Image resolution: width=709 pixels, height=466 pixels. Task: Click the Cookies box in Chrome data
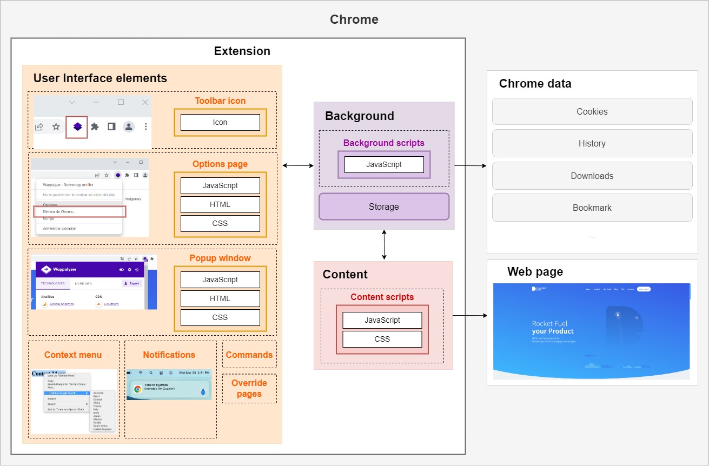(592, 111)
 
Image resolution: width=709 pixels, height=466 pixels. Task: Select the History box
(592, 143)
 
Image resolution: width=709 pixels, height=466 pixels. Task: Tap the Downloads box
(592, 176)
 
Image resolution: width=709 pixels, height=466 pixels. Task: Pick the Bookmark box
(592, 208)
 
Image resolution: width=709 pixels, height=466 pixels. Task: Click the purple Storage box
(384, 207)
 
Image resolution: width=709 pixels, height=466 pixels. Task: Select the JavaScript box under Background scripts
(384, 164)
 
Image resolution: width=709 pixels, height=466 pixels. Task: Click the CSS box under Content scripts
(382, 339)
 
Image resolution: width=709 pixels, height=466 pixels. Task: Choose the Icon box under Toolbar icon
(220, 122)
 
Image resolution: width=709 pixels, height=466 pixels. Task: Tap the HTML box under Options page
(220, 204)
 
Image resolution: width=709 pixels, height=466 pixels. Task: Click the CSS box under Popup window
(220, 317)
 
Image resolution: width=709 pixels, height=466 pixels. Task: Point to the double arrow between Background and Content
(384, 245)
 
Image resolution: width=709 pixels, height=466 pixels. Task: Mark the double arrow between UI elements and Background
(298, 165)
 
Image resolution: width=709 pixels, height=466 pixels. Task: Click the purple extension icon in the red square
(77, 127)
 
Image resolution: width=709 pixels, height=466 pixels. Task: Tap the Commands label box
(249, 355)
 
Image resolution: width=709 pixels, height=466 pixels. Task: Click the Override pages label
(249, 388)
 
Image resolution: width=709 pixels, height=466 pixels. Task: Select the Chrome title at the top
(354, 20)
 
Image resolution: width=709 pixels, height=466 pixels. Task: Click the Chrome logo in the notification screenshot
(138, 389)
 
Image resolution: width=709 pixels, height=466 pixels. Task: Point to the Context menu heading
(73, 355)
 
